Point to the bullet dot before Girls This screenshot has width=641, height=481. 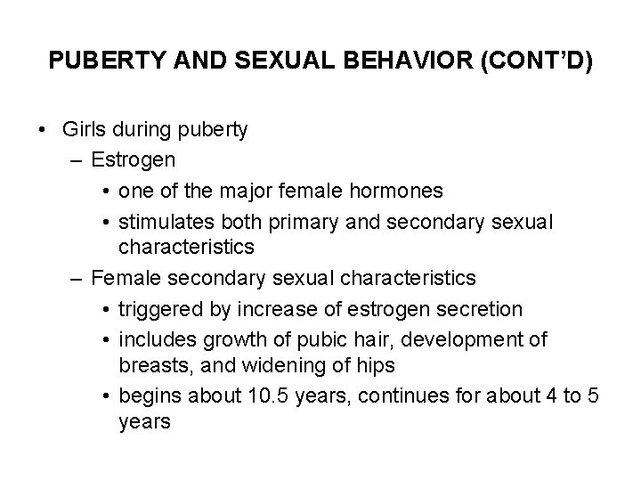(x=44, y=131)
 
